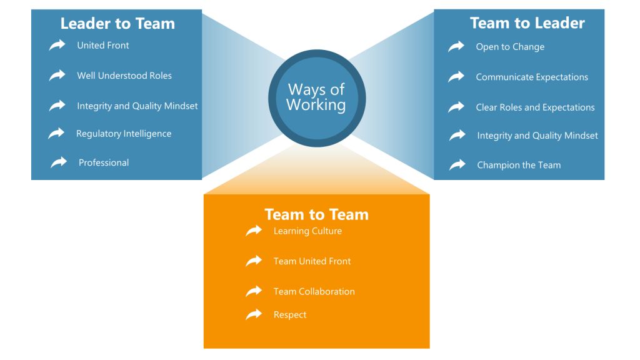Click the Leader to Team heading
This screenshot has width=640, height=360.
(x=117, y=24)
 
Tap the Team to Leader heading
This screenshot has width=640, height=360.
(x=527, y=24)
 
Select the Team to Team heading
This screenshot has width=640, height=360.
(x=316, y=214)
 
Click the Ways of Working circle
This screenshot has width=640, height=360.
(x=316, y=97)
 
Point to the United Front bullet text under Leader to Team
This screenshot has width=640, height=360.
(x=103, y=46)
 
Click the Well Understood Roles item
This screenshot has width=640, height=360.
(x=124, y=76)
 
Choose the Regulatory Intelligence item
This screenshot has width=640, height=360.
(x=124, y=134)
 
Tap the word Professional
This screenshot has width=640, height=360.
(x=104, y=162)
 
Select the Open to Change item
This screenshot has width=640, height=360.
(x=510, y=47)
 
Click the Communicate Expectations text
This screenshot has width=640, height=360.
(x=532, y=77)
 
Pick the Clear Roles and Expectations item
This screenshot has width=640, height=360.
(x=535, y=107)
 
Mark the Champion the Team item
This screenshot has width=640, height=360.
(x=519, y=165)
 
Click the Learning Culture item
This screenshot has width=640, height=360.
(x=307, y=231)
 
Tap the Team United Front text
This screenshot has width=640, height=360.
(x=312, y=261)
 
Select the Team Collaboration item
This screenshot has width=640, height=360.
(x=314, y=292)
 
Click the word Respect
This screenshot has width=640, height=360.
(x=290, y=315)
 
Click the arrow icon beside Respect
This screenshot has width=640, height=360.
(x=254, y=314)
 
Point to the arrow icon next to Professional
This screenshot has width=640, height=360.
(x=59, y=162)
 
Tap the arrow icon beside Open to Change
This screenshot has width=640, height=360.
(x=456, y=46)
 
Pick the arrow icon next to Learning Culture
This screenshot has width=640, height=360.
(x=254, y=231)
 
